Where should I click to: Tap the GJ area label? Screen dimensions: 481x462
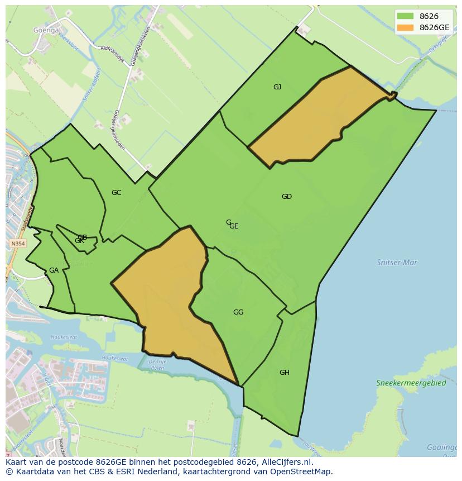277,87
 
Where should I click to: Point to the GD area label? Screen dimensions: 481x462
286,196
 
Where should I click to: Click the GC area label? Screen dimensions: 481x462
116,192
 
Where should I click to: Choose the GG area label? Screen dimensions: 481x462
238,312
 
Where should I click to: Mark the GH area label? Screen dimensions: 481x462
285,372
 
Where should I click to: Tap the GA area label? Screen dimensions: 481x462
54,270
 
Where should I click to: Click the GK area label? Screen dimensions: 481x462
79,241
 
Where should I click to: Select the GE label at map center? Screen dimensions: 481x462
234,226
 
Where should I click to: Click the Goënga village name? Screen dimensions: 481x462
46,30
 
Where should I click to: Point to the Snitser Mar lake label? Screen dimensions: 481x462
397,261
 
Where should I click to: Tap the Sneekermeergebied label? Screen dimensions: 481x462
411,383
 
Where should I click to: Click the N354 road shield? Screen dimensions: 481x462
18,244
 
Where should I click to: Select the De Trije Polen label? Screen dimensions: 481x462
158,364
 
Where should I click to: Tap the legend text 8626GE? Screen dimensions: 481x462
434,27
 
